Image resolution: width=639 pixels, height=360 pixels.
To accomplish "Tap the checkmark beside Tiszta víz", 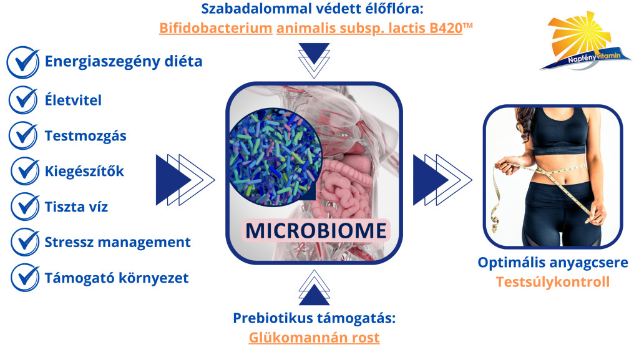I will pos(25,205).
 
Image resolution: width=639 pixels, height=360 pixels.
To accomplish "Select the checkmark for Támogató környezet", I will pos(25,277).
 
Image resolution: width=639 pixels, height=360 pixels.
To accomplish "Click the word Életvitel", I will pos(73,100).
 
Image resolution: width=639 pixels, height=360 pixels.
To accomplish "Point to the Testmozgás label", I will pos(85,135).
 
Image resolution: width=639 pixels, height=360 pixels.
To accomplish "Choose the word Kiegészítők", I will pos(84,171).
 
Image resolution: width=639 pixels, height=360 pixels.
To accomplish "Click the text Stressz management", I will pos(118,241).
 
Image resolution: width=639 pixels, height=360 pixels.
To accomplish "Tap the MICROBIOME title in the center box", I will pos(315,230).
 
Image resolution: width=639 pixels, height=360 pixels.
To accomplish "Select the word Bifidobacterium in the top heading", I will pos(216,29).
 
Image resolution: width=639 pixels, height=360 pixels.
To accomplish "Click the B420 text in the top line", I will pos(444,29).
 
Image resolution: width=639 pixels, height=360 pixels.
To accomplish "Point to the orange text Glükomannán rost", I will pos(314,338).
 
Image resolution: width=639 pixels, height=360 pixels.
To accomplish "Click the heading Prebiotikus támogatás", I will pos(315,318).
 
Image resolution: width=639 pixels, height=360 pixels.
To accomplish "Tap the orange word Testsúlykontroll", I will pos(552,282).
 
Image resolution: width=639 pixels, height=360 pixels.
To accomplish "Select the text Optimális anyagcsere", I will pos(553,263).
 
